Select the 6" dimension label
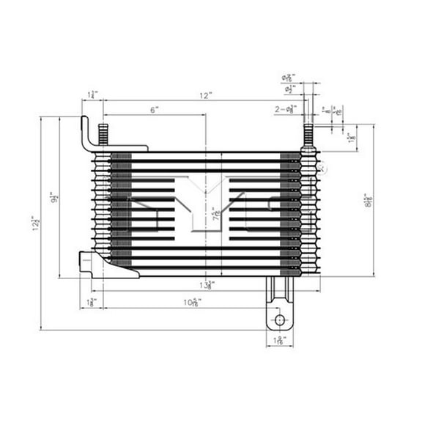(x=155, y=110)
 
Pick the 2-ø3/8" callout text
(x=286, y=110)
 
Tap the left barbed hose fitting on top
(x=103, y=136)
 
